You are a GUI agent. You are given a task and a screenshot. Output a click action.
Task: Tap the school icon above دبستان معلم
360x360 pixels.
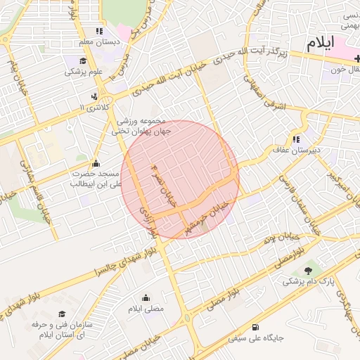[x=99, y=31]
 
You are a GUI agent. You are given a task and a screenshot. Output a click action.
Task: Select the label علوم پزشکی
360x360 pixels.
[x=84, y=71]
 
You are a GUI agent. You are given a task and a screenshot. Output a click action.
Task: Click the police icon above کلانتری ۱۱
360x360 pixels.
[x=94, y=96]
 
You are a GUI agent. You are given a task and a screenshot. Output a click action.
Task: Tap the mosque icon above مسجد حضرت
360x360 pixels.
[x=96, y=163]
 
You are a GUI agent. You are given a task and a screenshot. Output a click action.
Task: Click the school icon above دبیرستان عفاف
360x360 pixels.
[x=296, y=139]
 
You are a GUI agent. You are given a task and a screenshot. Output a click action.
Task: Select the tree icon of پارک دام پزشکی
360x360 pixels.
[x=308, y=270]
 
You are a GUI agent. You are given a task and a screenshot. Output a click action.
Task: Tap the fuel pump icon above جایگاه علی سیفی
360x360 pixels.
[x=255, y=327]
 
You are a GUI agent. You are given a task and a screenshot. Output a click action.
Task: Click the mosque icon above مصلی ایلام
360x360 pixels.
[x=146, y=298]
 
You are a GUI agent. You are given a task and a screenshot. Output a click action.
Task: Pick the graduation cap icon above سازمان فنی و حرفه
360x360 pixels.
[x=62, y=314]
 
